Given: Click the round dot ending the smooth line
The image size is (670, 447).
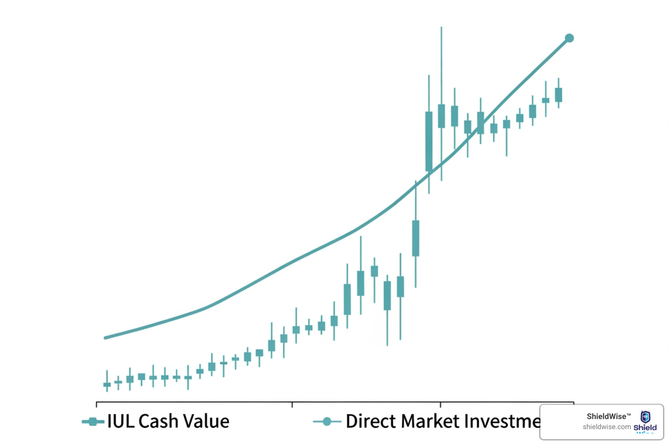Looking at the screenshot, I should coord(569,38).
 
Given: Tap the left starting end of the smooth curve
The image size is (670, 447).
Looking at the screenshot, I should coord(106,337).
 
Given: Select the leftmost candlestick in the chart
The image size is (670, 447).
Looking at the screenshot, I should coord(107,384).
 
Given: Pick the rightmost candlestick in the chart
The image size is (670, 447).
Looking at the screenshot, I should coord(558,95).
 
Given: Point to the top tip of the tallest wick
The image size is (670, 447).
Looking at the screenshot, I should coord(441,28).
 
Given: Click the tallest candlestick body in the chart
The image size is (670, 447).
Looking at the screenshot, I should coord(429,141).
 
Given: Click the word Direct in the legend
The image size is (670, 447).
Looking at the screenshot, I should coord(371,421).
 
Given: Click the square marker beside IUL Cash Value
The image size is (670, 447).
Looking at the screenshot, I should coord(92,422).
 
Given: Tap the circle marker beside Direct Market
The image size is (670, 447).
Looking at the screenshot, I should coord(326,422).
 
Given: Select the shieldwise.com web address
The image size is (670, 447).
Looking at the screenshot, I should coord(607,427).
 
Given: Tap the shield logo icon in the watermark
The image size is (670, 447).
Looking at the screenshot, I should coord(645,416).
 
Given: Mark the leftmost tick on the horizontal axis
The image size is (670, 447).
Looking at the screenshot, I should coord(96,404).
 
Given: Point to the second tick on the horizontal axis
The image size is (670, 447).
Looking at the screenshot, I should coord(292,404).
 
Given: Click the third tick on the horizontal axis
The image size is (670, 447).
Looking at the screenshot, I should coord(441,404).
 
